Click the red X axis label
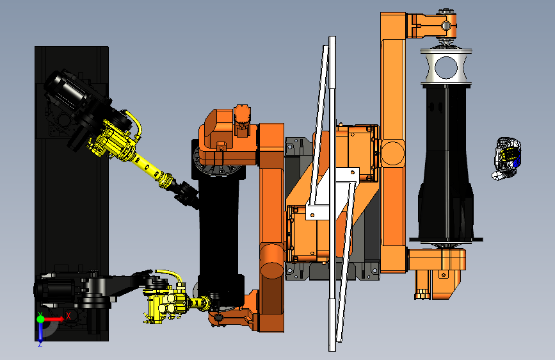[68, 316]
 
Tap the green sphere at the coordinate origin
[40, 319]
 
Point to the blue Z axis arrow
[40, 331]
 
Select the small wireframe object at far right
[507, 158]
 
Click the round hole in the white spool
[446, 67]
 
